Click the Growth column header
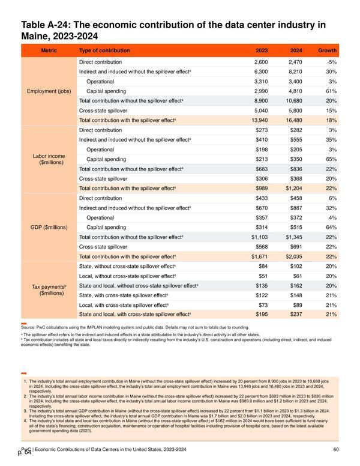[x=327, y=50]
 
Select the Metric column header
[x=49, y=50]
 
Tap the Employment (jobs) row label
[x=49, y=91]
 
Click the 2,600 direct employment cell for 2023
[x=261, y=62]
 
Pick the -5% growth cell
[x=332, y=62]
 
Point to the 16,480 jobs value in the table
[x=294, y=120]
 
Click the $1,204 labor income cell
[x=294, y=189]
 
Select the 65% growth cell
[x=331, y=159]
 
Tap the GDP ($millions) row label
[x=49, y=228]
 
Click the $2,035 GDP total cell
[x=294, y=256]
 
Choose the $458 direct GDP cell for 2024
[x=296, y=198]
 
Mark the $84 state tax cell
[x=263, y=266]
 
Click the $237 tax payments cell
[x=296, y=315]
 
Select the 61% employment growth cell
[x=331, y=91]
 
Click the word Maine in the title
[x=33, y=36]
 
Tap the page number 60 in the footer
[x=336, y=449]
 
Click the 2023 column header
[x=262, y=50]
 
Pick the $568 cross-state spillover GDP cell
[x=262, y=247]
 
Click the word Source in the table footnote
[x=28, y=327]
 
